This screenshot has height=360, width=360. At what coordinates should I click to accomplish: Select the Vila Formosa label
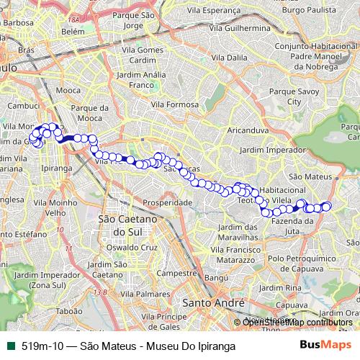(x=174, y=104)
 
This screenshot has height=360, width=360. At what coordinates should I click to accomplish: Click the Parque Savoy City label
(x=294, y=97)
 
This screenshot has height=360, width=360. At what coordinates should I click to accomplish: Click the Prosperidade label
(x=167, y=203)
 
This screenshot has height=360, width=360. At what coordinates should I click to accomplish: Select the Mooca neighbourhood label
(x=68, y=91)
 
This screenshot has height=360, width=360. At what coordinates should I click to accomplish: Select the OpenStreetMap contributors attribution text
(x=297, y=322)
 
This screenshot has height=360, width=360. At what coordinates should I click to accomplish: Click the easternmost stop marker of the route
(x=326, y=207)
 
